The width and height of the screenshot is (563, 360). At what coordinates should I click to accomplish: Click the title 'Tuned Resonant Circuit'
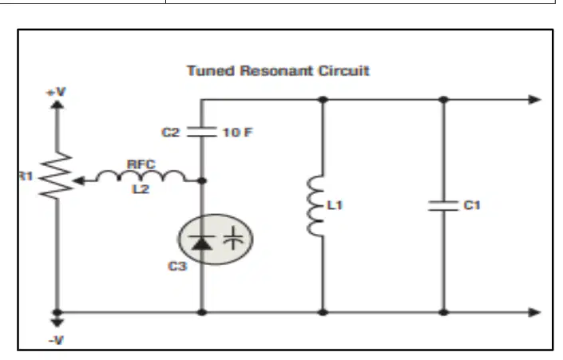pyautogui.click(x=278, y=71)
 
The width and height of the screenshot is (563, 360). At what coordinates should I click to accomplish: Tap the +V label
pyautogui.click(x=57, y=93)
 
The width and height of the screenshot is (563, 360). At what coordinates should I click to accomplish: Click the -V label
pyautogui.click(x=57, y=340)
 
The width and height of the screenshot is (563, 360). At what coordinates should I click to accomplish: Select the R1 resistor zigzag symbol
pyautogui.click(x=57, y=175)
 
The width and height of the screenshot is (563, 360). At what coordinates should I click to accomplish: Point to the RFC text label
pyautogui.click(x=141, y=164)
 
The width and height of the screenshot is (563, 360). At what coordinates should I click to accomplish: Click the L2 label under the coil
pyautogui.click(x=141, y=189)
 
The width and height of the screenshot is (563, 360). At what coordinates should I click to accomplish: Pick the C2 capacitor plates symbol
pyautogui.click(x=202, y=132)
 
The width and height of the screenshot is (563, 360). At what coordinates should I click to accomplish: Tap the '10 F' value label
pyautogui.click(x=238, y=133)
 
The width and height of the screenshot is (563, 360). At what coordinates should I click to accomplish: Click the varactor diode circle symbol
pyautogui.click(x=216, y=239)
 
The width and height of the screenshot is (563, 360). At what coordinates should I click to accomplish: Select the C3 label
pyautogui.click(x=177, y=267)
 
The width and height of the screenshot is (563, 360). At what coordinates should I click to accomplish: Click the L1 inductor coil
pyautogui.click(x=315, y=206)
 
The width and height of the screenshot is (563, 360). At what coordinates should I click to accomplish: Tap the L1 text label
pyautogui.click(x=335, y=205)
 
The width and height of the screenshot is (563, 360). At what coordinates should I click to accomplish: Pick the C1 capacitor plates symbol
pyautogui.click(x=443, y=206)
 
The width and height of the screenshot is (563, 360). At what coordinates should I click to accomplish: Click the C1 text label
pyautogui.click(x=472, y=205)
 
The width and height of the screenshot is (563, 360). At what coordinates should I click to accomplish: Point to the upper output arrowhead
pyautogui.click(x=535, y=100)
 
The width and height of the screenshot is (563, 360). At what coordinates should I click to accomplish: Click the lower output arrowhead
pyautogui.click(x=535, y=313)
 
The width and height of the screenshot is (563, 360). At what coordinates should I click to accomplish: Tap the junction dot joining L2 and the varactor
pyautogui.click(x=202, y=180)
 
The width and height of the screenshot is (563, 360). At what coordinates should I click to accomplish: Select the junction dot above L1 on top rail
pyautogui.click(x=323, y=100)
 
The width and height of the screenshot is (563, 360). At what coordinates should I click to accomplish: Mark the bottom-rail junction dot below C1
pyautogui.click(x=444, y=313)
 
